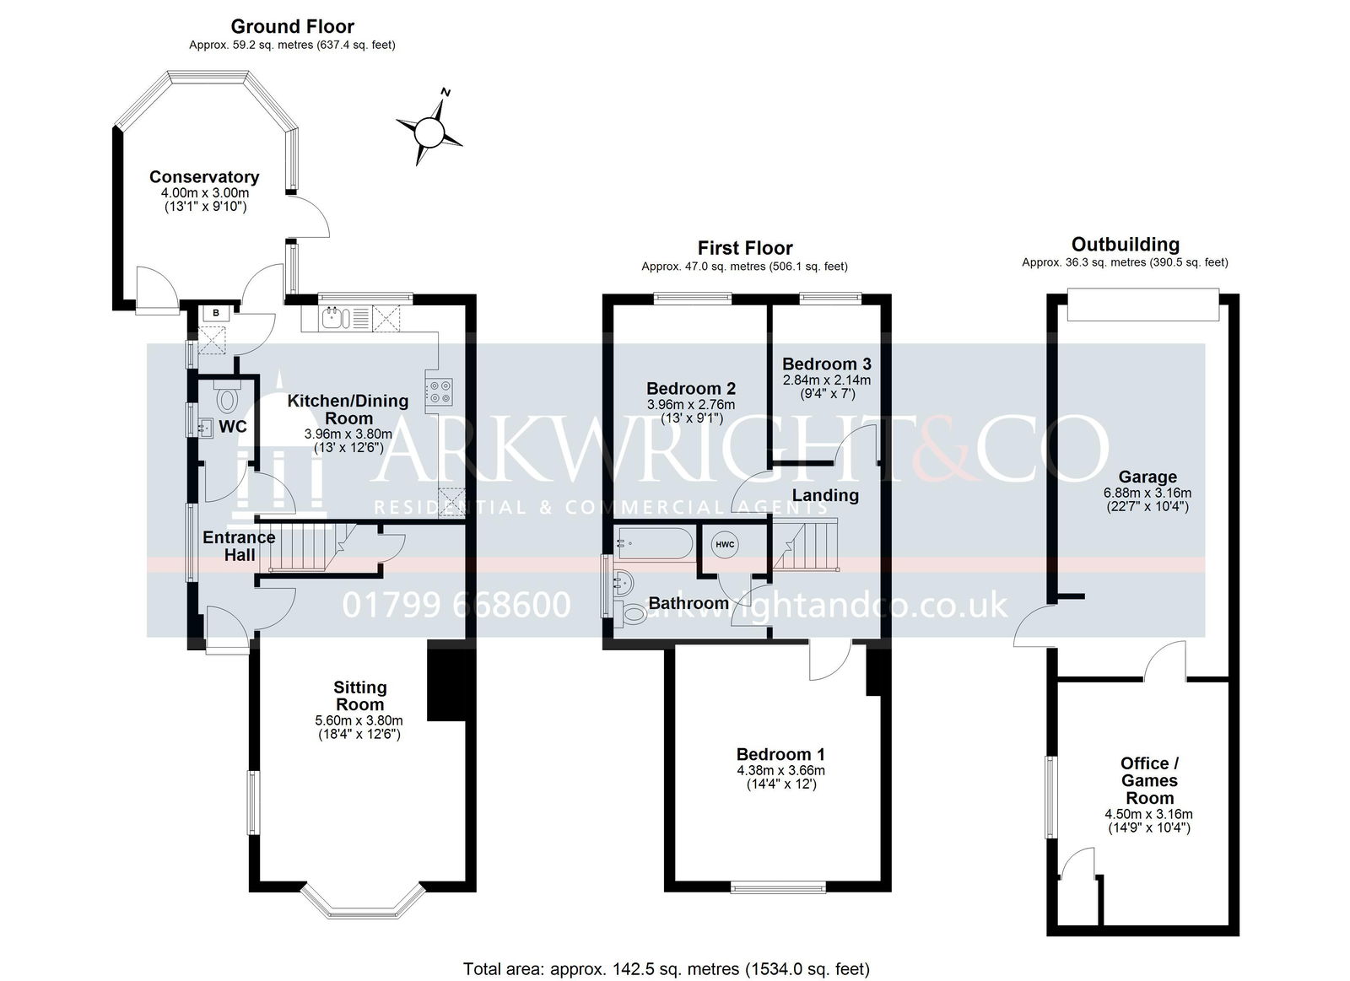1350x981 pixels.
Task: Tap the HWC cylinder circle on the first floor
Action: pos(725,545)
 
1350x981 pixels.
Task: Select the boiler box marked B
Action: pos(216,313)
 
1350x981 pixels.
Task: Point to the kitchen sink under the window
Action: pos(337,317)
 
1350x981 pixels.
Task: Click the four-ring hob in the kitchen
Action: pos(439,391)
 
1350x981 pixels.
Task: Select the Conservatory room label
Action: pos(204,176)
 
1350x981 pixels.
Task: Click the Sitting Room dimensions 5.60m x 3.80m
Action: pos(359,720)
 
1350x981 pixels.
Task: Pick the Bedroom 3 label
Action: pos(826,364)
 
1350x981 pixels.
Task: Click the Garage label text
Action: pos(1147,477)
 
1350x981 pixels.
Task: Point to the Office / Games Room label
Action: pos(1149,780)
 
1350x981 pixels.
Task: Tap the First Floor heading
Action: pos(745,248)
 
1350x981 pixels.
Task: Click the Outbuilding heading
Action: pos(1126,244)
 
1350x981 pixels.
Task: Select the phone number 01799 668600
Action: pos(456,605)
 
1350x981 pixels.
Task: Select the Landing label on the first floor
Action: pos(825,495)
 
